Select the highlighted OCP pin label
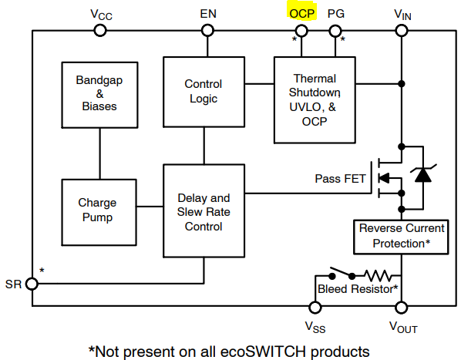point(302,14)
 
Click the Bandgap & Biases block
point(99,95)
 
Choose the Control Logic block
point(204,92)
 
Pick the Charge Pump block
point(99,212)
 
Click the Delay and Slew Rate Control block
point(204,210)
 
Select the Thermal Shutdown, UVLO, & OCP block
point(315,100)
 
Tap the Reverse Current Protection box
point(401,237)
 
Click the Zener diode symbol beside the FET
point(423,174)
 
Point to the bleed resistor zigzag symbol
point(379,276)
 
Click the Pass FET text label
point(340,179)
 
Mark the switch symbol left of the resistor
point(342,274)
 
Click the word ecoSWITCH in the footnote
point(263,352)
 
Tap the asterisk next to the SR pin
point(42,271)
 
